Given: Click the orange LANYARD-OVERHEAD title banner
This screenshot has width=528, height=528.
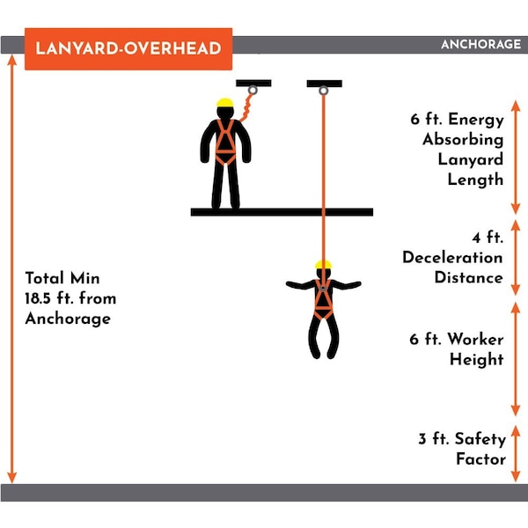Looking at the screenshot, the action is point(128,48).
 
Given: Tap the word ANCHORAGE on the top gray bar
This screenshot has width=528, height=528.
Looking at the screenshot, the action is point(480,44).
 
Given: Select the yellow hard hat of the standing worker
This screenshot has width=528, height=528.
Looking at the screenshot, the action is point(225,102).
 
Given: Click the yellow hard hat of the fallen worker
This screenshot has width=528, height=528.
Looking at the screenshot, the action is point(323,264).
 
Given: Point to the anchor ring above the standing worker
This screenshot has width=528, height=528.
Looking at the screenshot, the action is point(253,91).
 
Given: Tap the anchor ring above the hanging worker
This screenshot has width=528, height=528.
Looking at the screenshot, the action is point(323,91).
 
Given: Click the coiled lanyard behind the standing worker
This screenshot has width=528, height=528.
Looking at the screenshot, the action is point(246,107).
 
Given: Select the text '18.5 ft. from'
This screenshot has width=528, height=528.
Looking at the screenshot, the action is point(70,298).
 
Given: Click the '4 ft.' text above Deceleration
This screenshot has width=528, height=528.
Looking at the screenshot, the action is point(488,238).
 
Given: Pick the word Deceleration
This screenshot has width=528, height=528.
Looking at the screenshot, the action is point(452,258).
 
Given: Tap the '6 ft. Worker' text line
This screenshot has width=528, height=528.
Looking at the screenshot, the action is point(457,339).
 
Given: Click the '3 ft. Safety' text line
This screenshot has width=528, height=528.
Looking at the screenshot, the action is point(462,439).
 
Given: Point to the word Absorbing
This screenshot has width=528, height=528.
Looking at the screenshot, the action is point(463,139).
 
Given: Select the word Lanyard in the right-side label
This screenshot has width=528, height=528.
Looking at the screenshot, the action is point(471,159).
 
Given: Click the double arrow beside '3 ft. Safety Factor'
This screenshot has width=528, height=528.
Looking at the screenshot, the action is point(516,453).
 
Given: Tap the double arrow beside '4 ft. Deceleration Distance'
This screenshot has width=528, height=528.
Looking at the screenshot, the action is point(516,258).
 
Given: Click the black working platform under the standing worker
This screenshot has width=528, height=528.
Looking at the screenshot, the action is point(282,212).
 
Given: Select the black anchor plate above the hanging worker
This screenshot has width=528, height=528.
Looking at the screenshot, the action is point(324,84).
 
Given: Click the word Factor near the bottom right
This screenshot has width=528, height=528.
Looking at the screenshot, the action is point(480,459).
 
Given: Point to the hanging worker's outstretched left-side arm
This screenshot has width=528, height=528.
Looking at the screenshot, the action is point(300,285).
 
